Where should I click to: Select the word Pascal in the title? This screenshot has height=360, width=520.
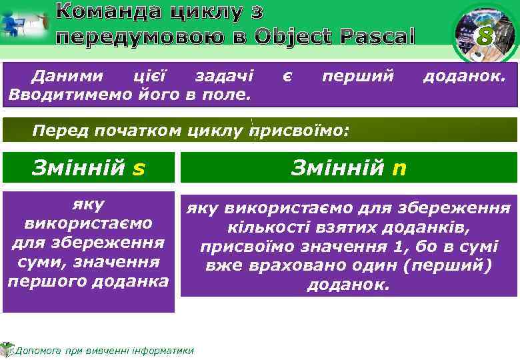coord(377,36)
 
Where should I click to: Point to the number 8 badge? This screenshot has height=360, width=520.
coord(485,37)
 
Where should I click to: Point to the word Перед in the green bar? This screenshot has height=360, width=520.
coord(57,131)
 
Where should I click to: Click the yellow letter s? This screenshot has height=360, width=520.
coord(139,169)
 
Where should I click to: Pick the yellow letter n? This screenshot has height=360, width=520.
coord(399,169)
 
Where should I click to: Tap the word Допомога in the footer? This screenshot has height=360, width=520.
coord(41,351)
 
